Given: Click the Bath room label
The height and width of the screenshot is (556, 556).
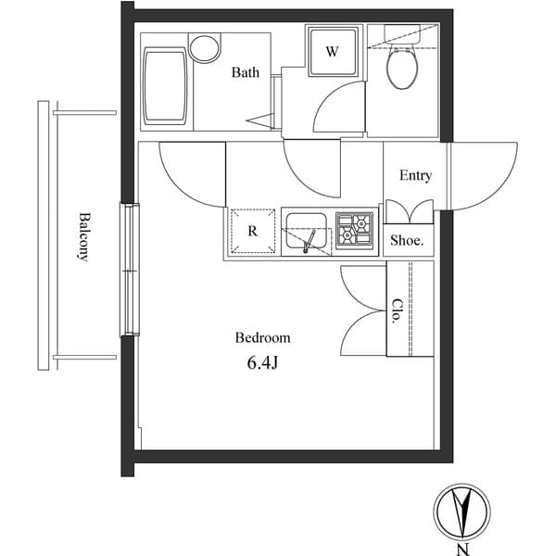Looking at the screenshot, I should [246, 72].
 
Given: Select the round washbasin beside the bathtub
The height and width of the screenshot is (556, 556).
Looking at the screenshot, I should [204, 48].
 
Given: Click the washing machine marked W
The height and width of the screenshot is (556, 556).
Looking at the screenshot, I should [331, 52].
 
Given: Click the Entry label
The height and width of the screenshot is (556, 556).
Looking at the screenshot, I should [415, 175].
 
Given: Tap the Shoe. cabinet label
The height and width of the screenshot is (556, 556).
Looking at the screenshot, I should [407, 240].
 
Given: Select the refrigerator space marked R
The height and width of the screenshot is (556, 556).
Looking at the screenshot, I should [252, 232].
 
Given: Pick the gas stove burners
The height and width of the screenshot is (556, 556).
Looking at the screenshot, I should [355, 230].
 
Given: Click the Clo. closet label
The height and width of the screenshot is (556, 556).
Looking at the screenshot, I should [397, 310].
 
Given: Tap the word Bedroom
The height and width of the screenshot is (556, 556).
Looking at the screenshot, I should [262, 338].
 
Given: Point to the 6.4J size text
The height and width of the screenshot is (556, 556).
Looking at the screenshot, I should [262, 362].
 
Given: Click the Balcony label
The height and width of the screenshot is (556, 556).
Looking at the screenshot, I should [83, 237].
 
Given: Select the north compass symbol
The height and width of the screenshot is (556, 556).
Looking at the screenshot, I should [461, 511].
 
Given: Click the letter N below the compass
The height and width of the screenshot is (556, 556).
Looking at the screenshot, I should [461, 549].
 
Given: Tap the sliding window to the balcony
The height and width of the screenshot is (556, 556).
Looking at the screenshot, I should [128, 269].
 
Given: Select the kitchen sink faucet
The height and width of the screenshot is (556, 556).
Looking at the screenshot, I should [310, 241].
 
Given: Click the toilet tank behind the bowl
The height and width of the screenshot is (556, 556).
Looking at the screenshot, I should [402, 42].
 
